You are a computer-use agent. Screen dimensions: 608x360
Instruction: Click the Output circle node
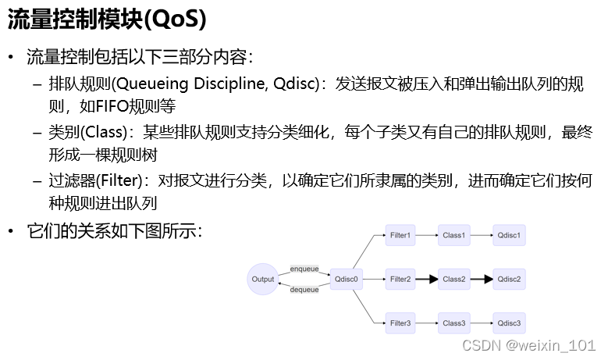[x=264, y=279]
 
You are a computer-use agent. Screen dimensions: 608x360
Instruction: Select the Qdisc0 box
[x=346, y=279]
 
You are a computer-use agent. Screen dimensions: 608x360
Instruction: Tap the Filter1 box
[x=400, y=235]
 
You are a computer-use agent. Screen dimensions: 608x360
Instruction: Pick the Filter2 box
[x=400, y=279]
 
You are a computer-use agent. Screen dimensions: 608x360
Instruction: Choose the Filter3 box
[x=400, y=323]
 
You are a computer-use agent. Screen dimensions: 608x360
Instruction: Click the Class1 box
[x=453, y=235]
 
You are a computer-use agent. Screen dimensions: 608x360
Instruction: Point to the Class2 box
[x=453, y=279]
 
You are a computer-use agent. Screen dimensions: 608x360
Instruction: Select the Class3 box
[x=453, y=323]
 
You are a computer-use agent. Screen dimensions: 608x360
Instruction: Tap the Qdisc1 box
[x=508, y=235]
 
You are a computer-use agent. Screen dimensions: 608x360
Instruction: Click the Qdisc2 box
[x=508, y=279]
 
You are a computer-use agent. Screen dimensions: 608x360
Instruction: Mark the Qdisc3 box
[x=508, y=323]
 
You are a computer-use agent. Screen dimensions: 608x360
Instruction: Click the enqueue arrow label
[x=304, y=269]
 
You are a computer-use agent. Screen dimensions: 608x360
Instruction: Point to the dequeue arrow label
[x=304, y=290]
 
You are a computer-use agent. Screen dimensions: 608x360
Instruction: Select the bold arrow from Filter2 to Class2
[x=427, y=279]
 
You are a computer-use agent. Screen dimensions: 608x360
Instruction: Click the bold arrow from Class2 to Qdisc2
[x=481, y=279]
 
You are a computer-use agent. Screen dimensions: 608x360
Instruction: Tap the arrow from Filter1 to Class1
[x=427, y=235]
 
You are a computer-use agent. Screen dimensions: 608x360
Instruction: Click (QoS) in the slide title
[x=180, y=21]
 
